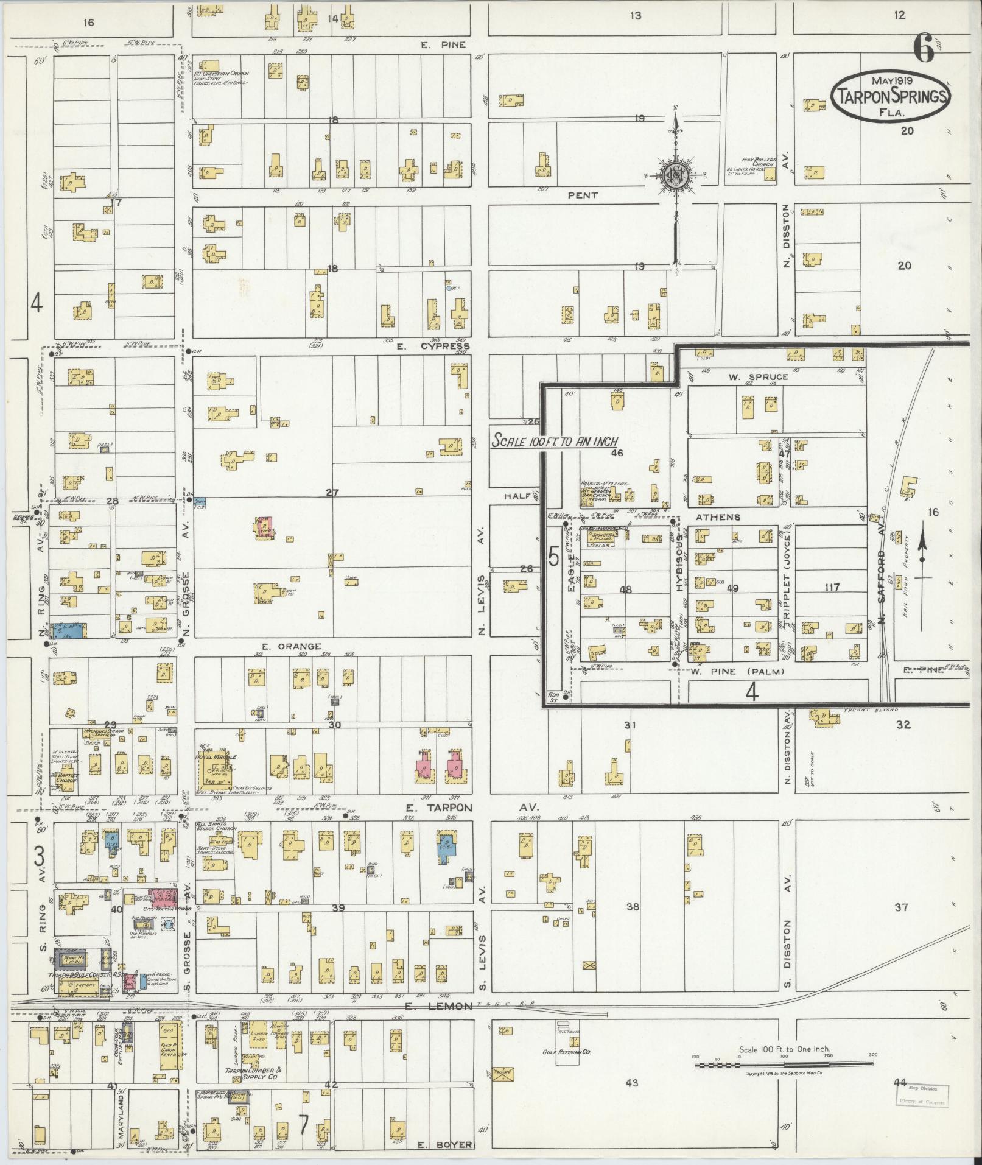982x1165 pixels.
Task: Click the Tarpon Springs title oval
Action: click(x=890, y=96)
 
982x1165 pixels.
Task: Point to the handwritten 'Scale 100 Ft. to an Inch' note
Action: click(x=555, y=441)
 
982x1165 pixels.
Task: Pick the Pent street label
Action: click(x=583, y=195)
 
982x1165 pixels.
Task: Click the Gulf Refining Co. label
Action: click(x=567, y=1052)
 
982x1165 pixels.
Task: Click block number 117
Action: click(x=831, y=588)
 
